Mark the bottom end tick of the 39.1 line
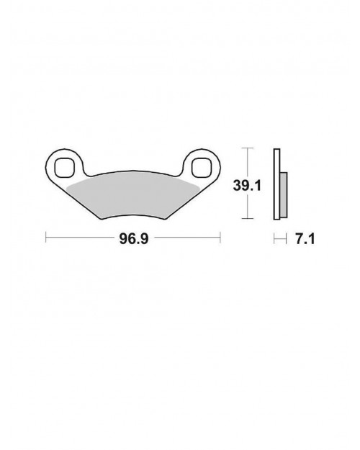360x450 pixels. pos(248,218)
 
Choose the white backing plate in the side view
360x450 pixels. pos(276,183)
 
